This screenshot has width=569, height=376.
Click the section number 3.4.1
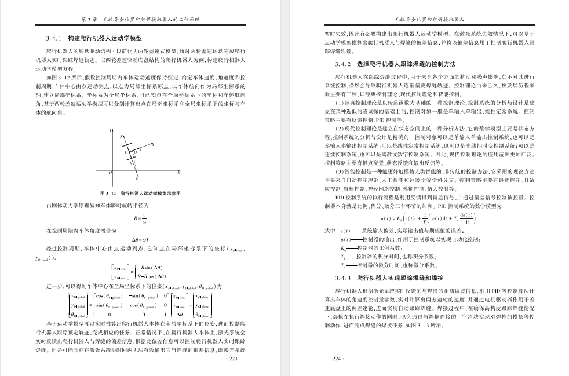tap(53, 38)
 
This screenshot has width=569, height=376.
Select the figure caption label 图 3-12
tap(110, 192)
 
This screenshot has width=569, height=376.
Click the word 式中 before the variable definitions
tap(329, 231)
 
